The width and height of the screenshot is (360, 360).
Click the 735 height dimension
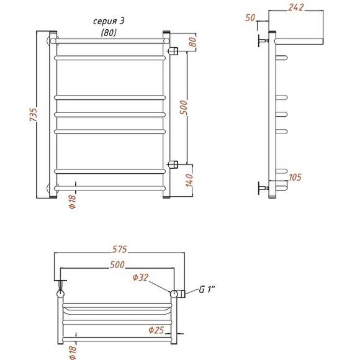coord(34,115)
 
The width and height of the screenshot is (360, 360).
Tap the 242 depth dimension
coord(296,7)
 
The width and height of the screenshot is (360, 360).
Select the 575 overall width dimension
coord(120,250)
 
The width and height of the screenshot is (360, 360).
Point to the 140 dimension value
coord(189,180)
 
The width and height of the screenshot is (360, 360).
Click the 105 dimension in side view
coord(295,178)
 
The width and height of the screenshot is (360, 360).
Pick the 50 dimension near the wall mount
coord(250,17)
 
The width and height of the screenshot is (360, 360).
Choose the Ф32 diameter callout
coord(140,277)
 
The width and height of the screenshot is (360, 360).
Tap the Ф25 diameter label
coord(156,330)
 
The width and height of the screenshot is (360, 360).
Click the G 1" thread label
coord(207,289)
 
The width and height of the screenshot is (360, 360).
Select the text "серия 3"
coord(109,21)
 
